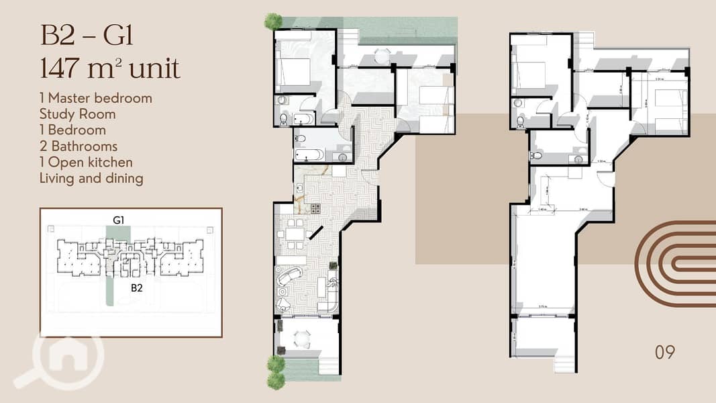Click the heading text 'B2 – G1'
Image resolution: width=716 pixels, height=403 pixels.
(x=87, y=36)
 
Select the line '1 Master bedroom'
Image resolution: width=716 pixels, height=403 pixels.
(x=95, y=98)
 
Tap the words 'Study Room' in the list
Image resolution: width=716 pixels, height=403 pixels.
(x=77, y=114)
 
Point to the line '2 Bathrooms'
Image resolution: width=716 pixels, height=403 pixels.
(x=79, y=146)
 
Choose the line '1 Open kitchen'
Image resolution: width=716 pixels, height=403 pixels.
(x=86, y=163)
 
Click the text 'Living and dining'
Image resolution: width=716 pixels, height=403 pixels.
(x=91, y=179)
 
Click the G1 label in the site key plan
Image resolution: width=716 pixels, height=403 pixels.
(x=120, y=220)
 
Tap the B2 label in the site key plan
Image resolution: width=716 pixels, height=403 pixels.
(x=137, y=287)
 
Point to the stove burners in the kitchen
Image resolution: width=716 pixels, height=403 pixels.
(x=313, y=209)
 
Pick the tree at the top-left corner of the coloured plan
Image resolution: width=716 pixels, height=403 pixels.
(x=273, y=21)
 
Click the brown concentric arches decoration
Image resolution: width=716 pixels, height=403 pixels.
(x=678, y=259)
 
